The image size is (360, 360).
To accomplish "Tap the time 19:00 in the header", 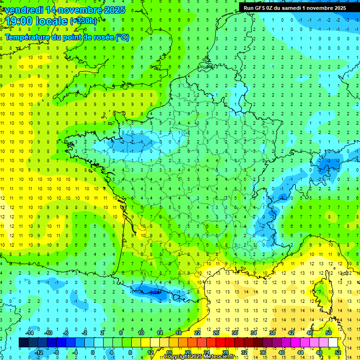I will click(19, 22).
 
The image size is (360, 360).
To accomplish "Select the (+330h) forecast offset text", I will click(83, 21).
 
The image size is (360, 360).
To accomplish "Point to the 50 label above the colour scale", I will click(329, 332).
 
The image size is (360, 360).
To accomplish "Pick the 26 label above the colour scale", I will click(216, 332).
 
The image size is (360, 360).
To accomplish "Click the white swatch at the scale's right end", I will click(333, 342).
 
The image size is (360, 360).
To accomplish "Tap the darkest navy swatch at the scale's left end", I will click(23, 342).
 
